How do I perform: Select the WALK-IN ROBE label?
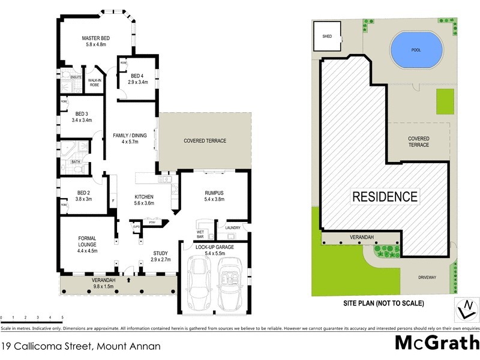pyautogui.click(x=94, y=83)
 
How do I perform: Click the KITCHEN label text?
pyautogui.click(x=144, y=197)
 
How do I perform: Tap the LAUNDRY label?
pyautogui.click(x=233, y=228)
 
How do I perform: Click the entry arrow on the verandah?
pyautogui.click(x=130, y=280)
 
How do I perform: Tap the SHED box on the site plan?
pyautogui.click(x=327, y=37)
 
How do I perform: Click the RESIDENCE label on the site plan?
pyautogui.click(x=384, y=196)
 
